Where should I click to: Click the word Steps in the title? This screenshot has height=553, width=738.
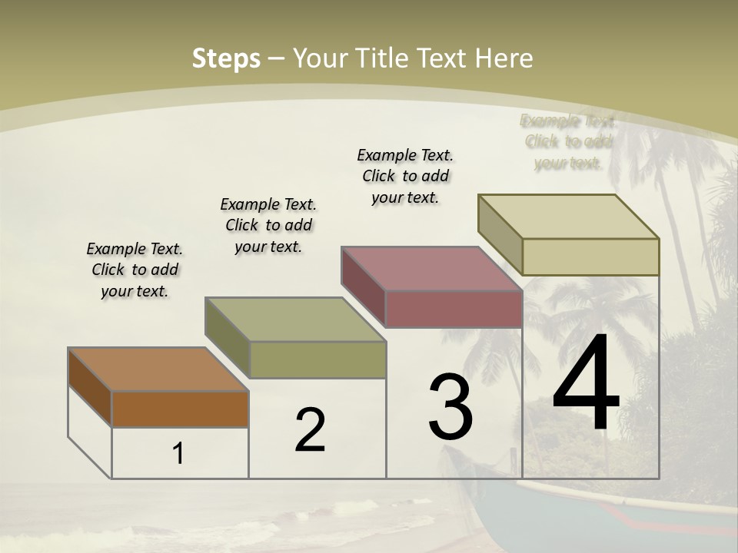click(x=226, y=58)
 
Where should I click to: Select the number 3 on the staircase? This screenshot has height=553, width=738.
click(x=450, y=407)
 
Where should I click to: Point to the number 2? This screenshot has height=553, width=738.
click(x=310, y=430)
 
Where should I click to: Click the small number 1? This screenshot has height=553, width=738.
click(x=178, y=454)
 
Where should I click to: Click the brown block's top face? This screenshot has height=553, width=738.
click(x=158, y=369)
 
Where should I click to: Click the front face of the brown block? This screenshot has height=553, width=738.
click(x=180, y=409)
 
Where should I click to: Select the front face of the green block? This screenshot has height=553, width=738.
click(x=317, y=359)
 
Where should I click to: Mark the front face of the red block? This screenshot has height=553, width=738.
click(x=454, y=310)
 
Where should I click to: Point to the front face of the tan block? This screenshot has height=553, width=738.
click(x=590, y=257)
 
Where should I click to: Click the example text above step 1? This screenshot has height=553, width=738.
click(x=135, y=270)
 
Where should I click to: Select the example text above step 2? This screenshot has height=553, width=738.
click(x=268, y=226)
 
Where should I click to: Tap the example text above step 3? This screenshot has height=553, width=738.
click(x=405, y=176)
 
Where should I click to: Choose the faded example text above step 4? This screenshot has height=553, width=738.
click(x=568, y=142)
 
